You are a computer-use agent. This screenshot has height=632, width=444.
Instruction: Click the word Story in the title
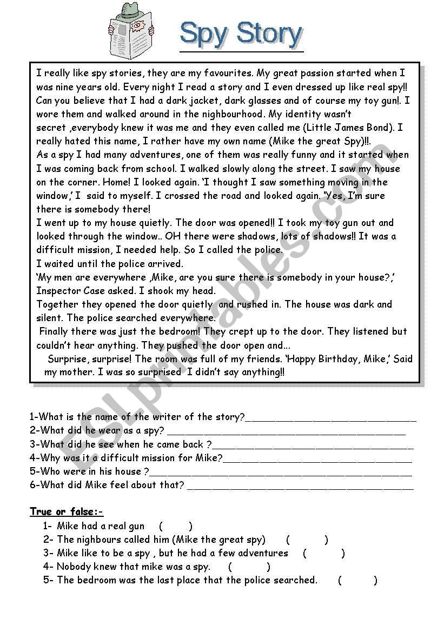269,34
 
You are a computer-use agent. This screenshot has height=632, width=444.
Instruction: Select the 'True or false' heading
67,511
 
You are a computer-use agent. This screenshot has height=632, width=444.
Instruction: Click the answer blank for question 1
330,418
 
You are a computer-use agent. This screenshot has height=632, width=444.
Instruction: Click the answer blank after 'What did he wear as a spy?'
286,431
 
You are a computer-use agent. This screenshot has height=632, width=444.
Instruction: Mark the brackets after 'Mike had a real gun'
176,526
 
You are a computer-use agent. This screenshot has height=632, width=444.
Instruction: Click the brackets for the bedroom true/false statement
357,581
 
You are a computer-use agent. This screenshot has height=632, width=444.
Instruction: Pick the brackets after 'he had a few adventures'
323,553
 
